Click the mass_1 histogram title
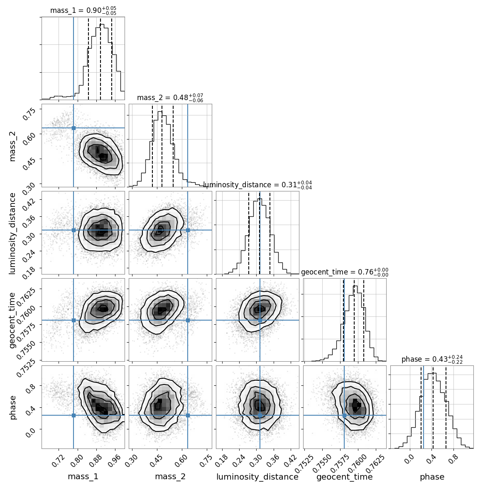point(83,11)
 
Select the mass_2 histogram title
point(170,98)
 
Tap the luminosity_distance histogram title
point(257,185)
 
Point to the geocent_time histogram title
point(345,272)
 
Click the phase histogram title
point(432,360)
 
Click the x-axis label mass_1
point(83,477)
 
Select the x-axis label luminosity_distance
point(257,477)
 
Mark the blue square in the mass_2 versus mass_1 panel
point(73,128)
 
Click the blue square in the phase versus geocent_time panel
point(344,415)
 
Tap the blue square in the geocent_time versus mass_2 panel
point(188,320)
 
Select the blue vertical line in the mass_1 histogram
point(73,58)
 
